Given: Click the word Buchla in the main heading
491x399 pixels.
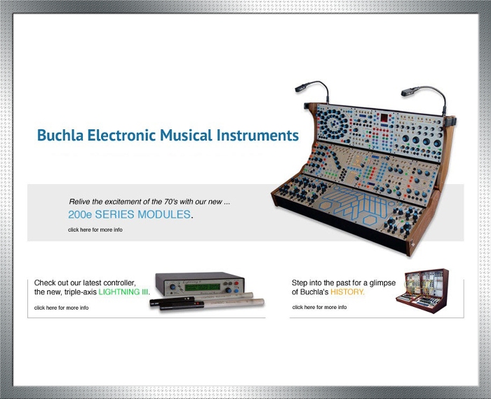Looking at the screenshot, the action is pos(60,135).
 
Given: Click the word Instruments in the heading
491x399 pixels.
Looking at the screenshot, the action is pos(257,135).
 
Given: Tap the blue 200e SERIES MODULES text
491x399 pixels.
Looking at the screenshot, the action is pos(129,214).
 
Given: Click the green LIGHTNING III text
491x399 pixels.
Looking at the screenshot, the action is pos(123,292).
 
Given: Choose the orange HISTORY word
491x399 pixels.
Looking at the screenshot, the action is pos(347,292).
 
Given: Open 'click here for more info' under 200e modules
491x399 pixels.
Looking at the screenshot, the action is pos(95,230).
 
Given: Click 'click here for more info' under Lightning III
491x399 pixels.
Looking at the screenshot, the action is pos(62,308).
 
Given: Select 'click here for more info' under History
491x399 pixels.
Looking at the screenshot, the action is pos(319,307).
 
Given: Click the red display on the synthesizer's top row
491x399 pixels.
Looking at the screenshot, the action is pos(384,118).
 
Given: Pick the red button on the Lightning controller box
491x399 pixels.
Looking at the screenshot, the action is pos(236,283).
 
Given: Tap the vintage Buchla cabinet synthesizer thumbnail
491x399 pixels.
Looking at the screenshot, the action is pos(422,290).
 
